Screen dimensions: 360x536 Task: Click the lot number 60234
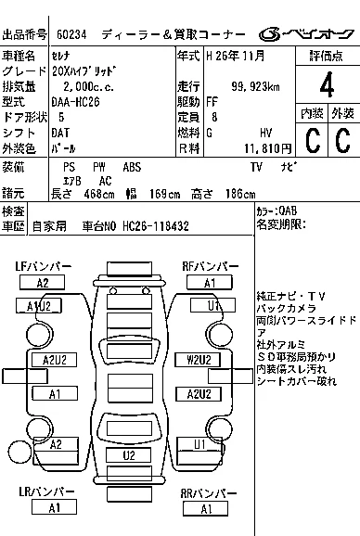[71, 34]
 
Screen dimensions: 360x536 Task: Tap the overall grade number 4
[327, 84]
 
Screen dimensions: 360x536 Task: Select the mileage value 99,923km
[255, 87]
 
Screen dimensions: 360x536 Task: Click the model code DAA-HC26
[75, 102]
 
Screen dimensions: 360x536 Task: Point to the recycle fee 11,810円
[268, 148]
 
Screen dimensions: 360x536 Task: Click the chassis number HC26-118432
[156, 226]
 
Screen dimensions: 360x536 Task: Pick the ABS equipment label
[132, 167]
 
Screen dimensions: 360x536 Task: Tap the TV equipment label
[256, 167]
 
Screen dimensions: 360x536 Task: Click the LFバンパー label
[43, 266]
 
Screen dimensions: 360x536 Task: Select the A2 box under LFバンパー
[43, 283]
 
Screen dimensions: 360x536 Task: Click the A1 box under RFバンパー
[210, 283]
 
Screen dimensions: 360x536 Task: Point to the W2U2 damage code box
[198, 360]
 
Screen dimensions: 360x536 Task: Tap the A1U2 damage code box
[39, 306]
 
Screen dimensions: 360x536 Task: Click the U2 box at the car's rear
[129, 455]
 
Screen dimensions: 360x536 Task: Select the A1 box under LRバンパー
[54, 507]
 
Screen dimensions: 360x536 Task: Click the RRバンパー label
[209, 493]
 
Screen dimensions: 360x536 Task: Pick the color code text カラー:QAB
[276, 211]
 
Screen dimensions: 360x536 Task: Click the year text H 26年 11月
[236, 56]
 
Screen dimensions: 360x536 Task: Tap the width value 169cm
[164, 195]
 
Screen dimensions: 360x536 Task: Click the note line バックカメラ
[287, 308]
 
